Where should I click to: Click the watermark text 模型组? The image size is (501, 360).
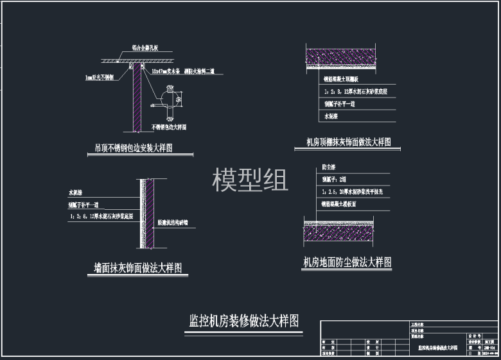click(250, 180)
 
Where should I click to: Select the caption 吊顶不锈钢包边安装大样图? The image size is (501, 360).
click(134, 148)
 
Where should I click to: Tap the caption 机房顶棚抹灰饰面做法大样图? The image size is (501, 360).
click(349, 142)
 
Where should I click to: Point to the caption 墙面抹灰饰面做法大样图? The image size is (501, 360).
click(137, 268)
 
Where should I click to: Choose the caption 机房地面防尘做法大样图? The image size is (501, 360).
click(347, 262)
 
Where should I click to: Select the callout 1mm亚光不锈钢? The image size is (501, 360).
click(100, 77)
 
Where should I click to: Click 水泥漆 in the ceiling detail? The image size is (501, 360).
click(330, 116)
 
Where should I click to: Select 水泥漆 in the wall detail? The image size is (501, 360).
click(76, 192)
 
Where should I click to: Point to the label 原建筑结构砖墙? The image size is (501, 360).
click(177, 223)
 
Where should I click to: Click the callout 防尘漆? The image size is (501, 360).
click(328, 167)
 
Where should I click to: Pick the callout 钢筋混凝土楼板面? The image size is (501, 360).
click(344, 204)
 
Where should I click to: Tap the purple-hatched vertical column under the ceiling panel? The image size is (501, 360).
click(137, 96)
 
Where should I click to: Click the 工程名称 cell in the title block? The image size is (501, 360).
click(418, 325)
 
